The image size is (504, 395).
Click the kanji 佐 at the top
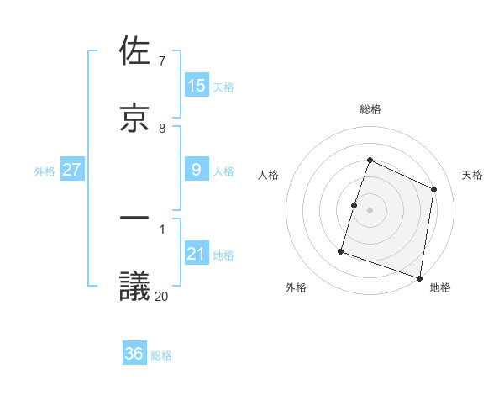click(x=135, y=52)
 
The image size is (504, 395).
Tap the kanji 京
click(x=135, y=118)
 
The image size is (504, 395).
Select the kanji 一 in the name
click(x=135, y=219)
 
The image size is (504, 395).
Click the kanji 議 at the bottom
click(x=135, y=286)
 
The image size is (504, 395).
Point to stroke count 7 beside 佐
click(x=161, y=61)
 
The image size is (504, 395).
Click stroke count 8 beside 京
click(x=162, y=129)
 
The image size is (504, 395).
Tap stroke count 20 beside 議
click(x=162, y=296)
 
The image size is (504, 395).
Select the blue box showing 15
click(x=197, y=86)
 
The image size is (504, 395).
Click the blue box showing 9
click(x=197, y=170)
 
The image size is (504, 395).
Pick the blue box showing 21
click(x=197, y=254)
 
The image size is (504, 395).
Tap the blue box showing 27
click(x=71, y=170)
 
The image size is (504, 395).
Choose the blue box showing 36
click(x=134, y=354)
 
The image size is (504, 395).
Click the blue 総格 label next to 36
click(x=162, y=355)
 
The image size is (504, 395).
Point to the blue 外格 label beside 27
click(x=45, y=171)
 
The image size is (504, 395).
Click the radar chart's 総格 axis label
click(x=370, y=109)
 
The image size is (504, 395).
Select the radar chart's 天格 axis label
click(x=472, y=175)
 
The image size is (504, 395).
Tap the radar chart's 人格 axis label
click(x=269, y=175)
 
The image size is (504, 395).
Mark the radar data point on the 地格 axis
click(x=419, y=277)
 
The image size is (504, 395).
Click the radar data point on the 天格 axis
click(x=434, y=189)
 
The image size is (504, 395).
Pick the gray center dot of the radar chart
click(x=370, y=210)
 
